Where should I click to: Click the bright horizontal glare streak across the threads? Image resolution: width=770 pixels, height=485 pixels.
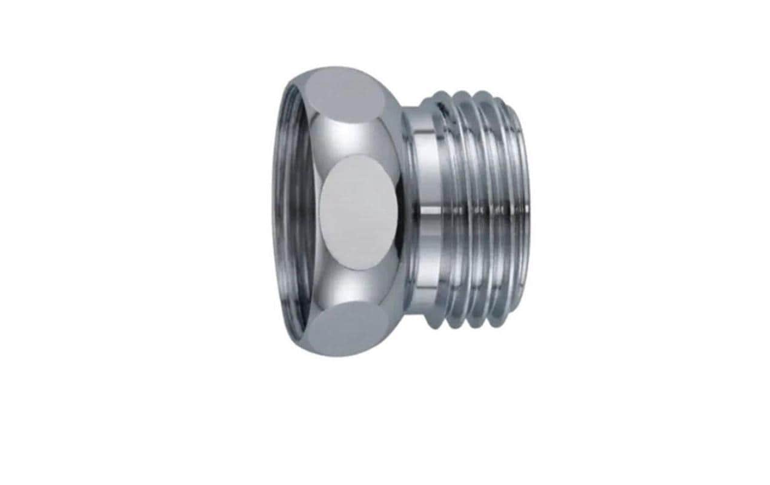(479, 209)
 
